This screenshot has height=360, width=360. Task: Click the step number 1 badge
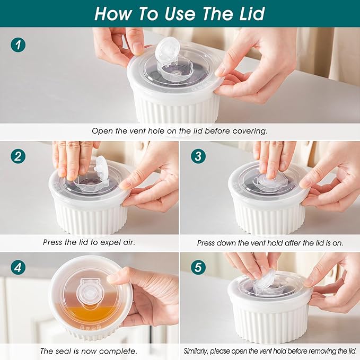point(18,45)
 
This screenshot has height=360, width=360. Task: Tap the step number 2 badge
point(18,157)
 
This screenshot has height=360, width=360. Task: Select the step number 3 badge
point(198,157)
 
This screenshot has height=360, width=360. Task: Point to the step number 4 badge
point(18,268)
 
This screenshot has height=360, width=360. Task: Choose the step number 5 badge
point(198,268)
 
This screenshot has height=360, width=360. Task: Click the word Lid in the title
point(248,14)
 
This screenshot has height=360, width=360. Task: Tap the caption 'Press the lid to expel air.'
point(89,242)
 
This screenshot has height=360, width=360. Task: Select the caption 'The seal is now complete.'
point(89,351)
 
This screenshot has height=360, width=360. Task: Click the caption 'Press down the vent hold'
point(270,242)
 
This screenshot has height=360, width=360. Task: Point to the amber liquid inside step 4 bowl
point(85,314)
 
